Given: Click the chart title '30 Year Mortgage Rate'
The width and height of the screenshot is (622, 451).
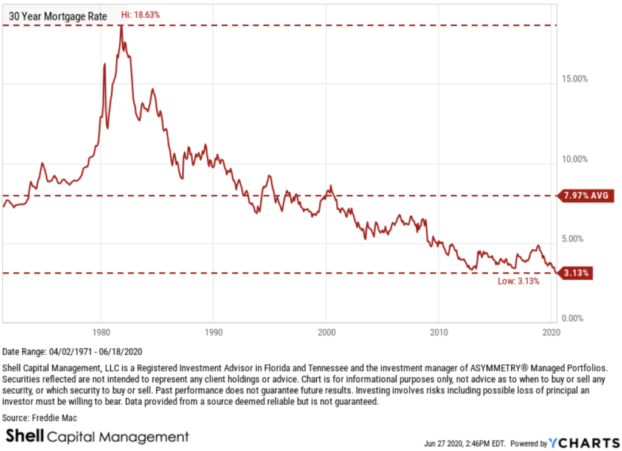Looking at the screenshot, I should tap(55, 17).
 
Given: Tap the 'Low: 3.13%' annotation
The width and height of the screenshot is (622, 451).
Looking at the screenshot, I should tap(519, 281).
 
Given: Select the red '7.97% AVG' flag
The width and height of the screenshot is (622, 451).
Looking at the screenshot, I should tap(585, 196).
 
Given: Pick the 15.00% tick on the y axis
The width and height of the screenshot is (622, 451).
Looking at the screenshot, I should tap(573, 78).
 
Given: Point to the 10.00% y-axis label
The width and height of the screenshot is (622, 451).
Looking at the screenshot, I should tap(573, 159).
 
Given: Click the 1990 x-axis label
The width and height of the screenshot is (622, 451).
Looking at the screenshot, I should tap(213, 332).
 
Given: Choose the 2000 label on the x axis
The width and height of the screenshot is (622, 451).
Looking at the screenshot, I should tap(326, 332).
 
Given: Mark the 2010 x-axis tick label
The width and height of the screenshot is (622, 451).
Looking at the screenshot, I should tap(438, 332).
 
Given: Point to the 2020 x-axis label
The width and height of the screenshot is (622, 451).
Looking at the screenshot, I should tap(551, 332).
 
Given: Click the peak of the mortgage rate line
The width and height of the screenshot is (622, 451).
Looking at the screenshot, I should tap(121, 27).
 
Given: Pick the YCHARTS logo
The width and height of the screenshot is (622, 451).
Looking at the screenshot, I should tap(583, 443).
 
